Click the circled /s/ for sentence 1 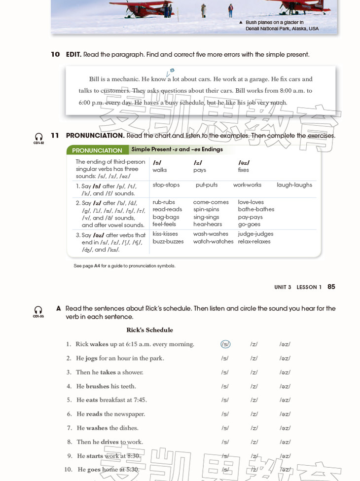[225, 344]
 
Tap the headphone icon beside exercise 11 [38, 137]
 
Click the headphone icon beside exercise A [38, 310]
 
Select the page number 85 [331, 287]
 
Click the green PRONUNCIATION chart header [97, 150]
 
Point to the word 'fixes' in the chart [244, 170]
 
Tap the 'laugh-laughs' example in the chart [294, 185]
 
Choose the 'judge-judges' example [255, 234]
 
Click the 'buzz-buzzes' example [168, 241]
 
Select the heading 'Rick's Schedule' [149, 330]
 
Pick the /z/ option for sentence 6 [254, 414]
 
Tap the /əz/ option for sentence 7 [285, 428]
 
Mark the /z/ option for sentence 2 [254, 358]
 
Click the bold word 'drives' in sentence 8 [109, 442]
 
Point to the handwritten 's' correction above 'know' [172, 71]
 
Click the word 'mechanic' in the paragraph [125, 79]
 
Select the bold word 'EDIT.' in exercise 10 [73, 54]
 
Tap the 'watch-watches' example [213, 241]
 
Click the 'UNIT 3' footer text [283, 287]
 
